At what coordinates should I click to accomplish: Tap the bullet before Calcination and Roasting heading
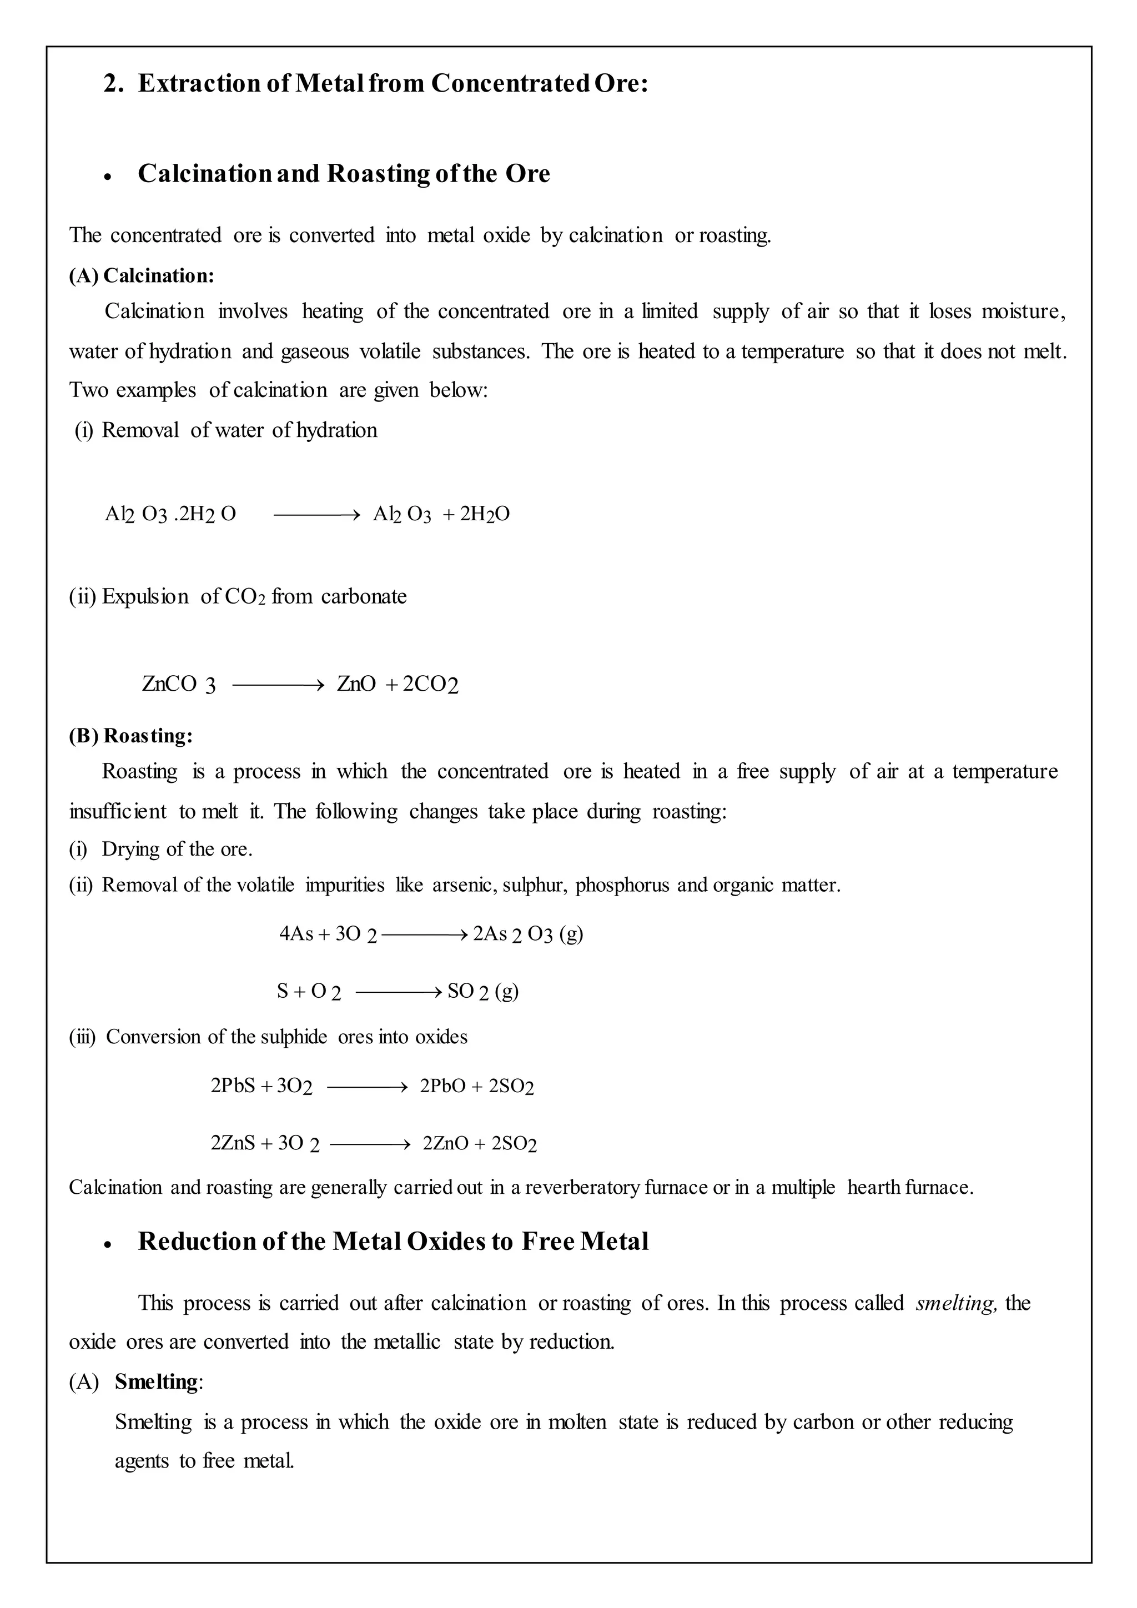[x=107, y=177]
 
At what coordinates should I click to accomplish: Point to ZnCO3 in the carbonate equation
[x=179, y=684]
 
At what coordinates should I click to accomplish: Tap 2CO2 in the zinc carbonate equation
[x=430, y=684]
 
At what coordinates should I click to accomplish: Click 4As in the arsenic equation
[x=296, y=933]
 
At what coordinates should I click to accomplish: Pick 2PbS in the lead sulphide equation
[x=233, y=1086]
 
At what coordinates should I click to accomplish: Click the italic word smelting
[x=955, y=1303]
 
